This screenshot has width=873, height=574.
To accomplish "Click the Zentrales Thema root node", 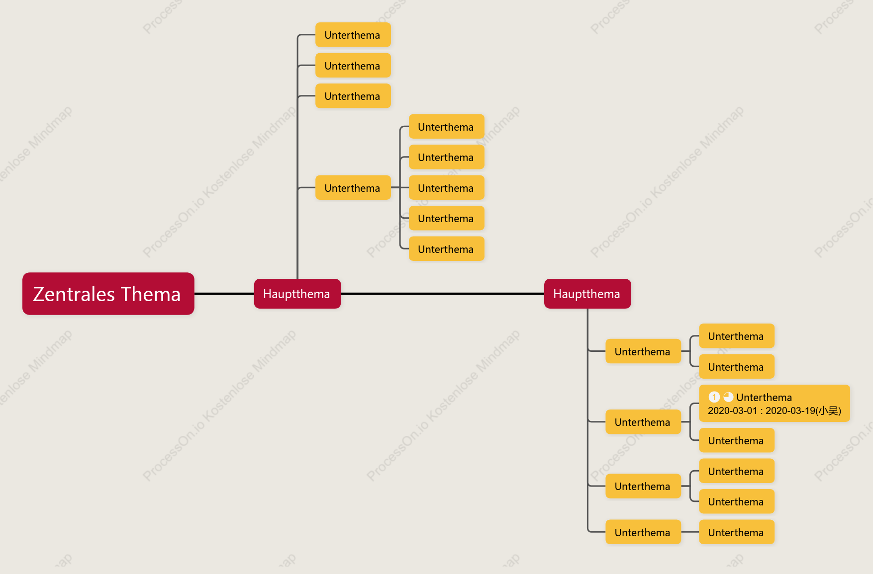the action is point(108,294).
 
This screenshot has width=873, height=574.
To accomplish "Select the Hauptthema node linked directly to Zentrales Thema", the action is point(297,294).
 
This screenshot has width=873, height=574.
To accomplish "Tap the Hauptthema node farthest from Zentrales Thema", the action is point(587,294).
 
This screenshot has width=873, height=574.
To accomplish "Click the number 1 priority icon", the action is point(714,397).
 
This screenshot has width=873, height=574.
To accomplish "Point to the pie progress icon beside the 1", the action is point(728,397).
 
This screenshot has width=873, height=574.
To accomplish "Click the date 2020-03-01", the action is point(732,411).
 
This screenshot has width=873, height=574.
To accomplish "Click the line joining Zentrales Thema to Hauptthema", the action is point(224,294).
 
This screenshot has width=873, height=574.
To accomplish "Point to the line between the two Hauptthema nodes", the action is point(443,294).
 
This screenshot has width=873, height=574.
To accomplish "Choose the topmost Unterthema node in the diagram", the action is point(353,35).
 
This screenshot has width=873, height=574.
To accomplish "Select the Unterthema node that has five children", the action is point(353,188).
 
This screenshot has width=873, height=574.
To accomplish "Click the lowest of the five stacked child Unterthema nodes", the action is point(447,249).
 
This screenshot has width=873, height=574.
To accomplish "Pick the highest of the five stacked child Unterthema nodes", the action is point(447,127).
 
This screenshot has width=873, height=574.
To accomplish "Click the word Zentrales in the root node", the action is point(74,294).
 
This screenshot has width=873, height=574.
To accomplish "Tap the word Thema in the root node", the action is point(151,294).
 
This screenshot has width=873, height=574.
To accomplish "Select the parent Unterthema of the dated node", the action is point(643,422).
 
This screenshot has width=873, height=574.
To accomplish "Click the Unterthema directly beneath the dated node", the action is point(737,440).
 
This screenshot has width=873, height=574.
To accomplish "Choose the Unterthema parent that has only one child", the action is point(643,532).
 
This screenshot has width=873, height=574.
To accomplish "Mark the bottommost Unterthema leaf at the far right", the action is point(737,532).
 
